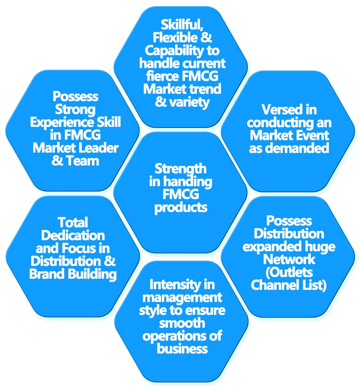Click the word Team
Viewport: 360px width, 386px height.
[x=82, y=161]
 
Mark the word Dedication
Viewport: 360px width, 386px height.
[x=73, y=235]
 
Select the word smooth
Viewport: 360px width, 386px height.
[x=182, y=323]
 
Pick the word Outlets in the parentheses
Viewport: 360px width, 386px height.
[x=289, y=273]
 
